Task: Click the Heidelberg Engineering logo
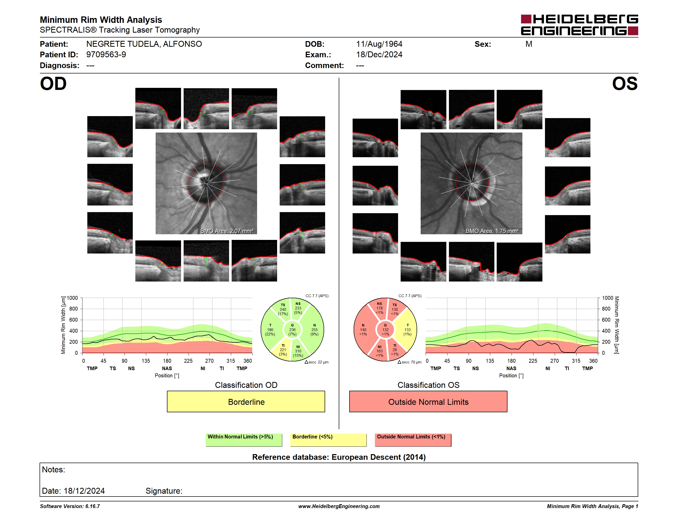(579, 25)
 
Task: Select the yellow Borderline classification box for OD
(246, 401)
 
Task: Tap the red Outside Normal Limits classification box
(428, 401)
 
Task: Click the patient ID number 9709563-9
(106, 55)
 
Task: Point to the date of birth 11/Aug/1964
(379, 44)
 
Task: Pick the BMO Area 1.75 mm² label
(492, 231)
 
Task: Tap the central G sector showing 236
(293, 330)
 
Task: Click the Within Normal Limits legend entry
(244, 440)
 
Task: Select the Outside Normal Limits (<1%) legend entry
(413, 440)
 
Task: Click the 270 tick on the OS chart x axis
(554, 361)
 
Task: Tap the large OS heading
(625, 84)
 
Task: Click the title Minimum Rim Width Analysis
(101, 20)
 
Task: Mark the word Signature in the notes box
(164, 491)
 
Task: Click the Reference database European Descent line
(339, 457)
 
